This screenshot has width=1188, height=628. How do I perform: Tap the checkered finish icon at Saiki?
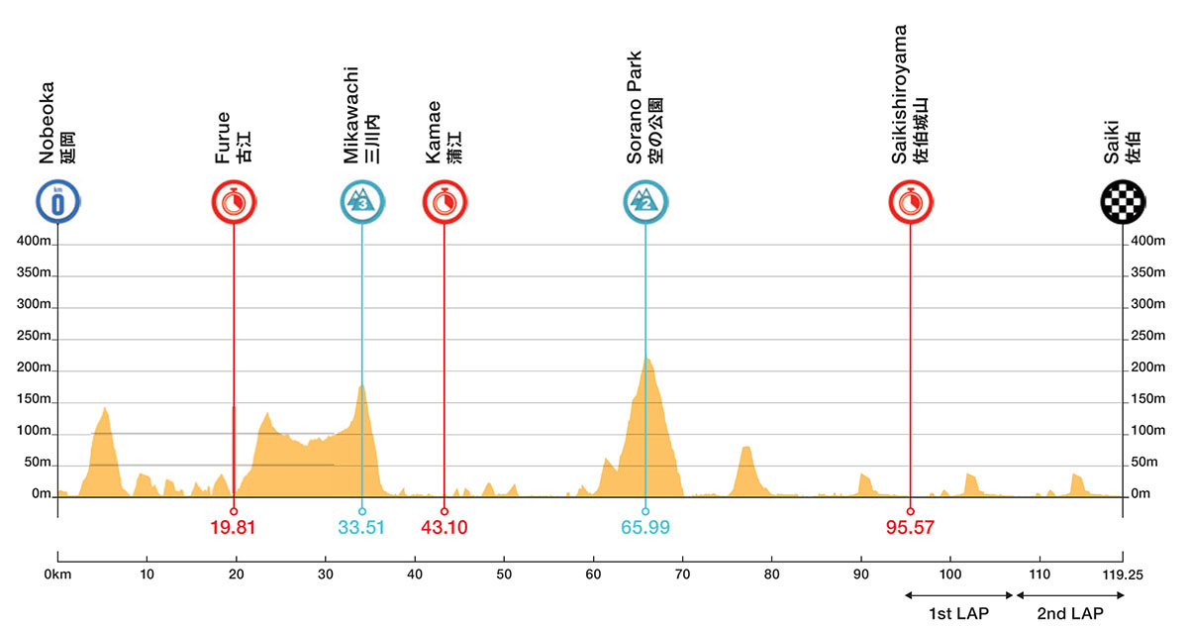1123,203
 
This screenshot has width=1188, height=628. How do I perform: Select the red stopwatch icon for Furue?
234,203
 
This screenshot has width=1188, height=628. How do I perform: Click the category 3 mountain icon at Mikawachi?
361,203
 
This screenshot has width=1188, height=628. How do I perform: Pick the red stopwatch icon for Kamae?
444,203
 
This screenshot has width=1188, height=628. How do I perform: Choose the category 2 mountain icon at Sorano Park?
644,203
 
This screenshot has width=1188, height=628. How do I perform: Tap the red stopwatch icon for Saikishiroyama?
910,203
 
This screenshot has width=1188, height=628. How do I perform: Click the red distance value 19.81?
234,528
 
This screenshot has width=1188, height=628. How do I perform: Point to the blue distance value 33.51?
361,528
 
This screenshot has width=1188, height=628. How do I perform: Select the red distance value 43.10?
444,528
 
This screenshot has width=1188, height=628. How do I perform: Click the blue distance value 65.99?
644,528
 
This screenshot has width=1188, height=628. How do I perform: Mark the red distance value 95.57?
910,528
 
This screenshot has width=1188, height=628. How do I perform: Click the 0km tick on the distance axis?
58,574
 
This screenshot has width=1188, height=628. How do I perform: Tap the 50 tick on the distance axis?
504,574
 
